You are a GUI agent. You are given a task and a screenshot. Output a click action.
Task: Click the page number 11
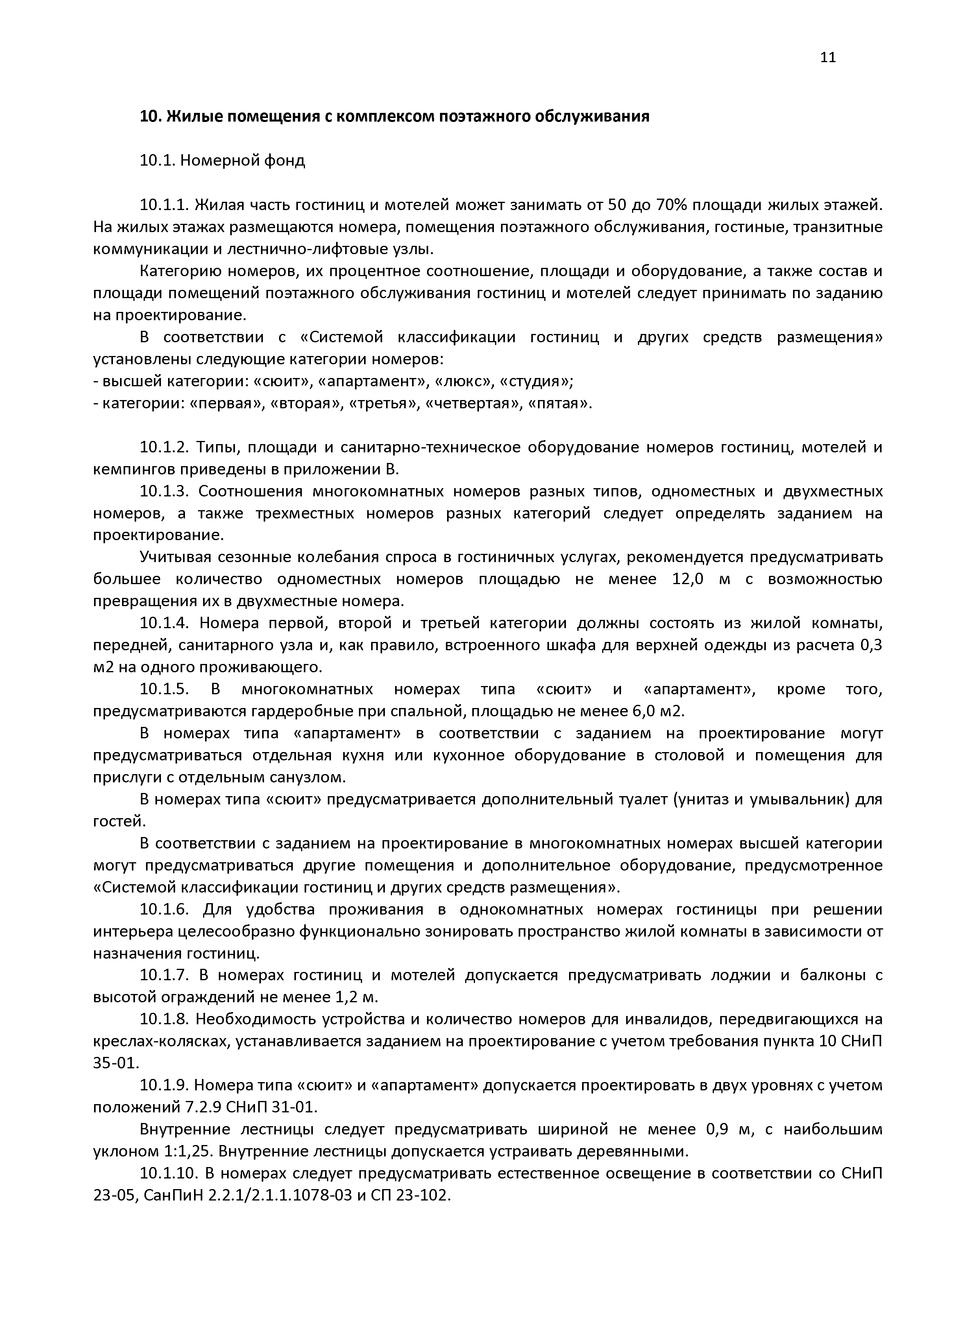coord(828,57)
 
